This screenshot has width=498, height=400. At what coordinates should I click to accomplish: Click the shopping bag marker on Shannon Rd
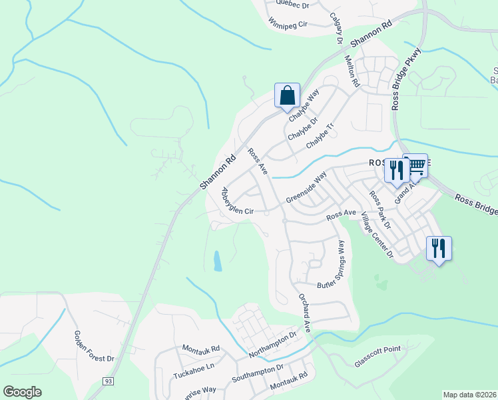(x=287, y=95)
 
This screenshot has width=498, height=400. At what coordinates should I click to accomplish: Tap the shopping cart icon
(x=416, y=166)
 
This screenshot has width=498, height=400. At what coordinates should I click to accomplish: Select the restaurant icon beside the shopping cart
(x=397, y=170)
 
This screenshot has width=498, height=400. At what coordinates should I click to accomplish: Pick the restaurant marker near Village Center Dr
(x=439, y=249)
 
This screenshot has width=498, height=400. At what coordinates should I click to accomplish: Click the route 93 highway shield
(x=108, y=381)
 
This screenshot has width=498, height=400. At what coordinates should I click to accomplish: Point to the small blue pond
(x=218, y=261)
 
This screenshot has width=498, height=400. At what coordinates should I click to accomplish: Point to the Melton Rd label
(x=352, y=71)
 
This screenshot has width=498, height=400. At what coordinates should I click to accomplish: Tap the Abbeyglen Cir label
(x=236, y=202)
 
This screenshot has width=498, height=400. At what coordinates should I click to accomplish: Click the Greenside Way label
(x=306, y=189)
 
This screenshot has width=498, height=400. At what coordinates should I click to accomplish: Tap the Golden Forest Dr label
(x=95, y=347)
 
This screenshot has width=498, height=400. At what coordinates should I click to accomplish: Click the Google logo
(x=23, y=391)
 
